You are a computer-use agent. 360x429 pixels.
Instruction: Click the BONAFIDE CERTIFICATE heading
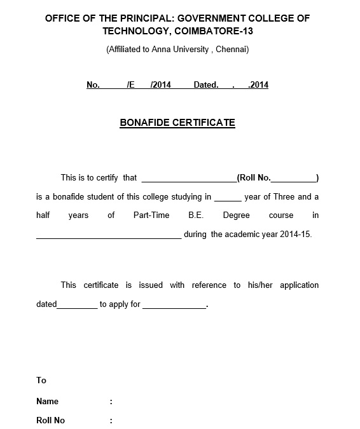177,123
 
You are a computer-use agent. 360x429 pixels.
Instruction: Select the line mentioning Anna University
177,49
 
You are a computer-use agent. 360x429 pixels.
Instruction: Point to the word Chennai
232,49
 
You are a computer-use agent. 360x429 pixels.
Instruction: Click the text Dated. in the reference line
206,85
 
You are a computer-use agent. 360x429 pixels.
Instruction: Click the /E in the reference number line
131,85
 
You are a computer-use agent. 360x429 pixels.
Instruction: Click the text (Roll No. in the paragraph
254,178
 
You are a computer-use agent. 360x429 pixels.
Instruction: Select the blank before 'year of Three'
228,198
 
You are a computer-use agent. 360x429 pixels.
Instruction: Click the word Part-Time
151,215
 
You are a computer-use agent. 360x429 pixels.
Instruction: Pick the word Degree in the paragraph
236,215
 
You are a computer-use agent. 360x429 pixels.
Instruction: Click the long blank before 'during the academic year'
109,235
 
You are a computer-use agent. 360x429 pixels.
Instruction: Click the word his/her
260,285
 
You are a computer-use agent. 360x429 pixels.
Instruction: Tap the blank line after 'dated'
77,306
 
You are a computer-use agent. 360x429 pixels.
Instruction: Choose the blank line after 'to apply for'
174,306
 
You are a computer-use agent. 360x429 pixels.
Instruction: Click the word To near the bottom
41,380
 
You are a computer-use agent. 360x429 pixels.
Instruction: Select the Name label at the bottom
48,401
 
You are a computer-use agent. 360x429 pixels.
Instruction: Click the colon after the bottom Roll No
111,420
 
